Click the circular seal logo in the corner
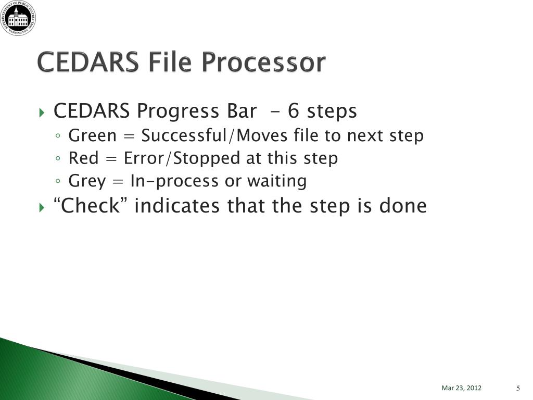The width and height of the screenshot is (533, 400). [18, 18]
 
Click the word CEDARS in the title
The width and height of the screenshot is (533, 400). [87, 63]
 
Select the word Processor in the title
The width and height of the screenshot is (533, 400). [264, 63]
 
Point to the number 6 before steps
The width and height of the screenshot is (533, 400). [294, 111]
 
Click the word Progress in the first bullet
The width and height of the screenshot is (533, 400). [178, 111]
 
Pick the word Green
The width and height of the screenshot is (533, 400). [93, 135]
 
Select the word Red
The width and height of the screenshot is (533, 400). [84, 158]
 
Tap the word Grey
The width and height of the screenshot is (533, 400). [87, 181]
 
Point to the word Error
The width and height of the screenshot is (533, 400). [144, 158]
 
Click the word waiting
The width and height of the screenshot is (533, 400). [277, 181]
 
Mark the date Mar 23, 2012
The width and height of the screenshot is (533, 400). [461, 387]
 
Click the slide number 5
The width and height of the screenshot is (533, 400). [518, 388]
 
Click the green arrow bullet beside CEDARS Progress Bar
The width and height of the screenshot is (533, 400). [42, 113]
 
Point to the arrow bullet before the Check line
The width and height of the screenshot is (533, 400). [42, 207]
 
